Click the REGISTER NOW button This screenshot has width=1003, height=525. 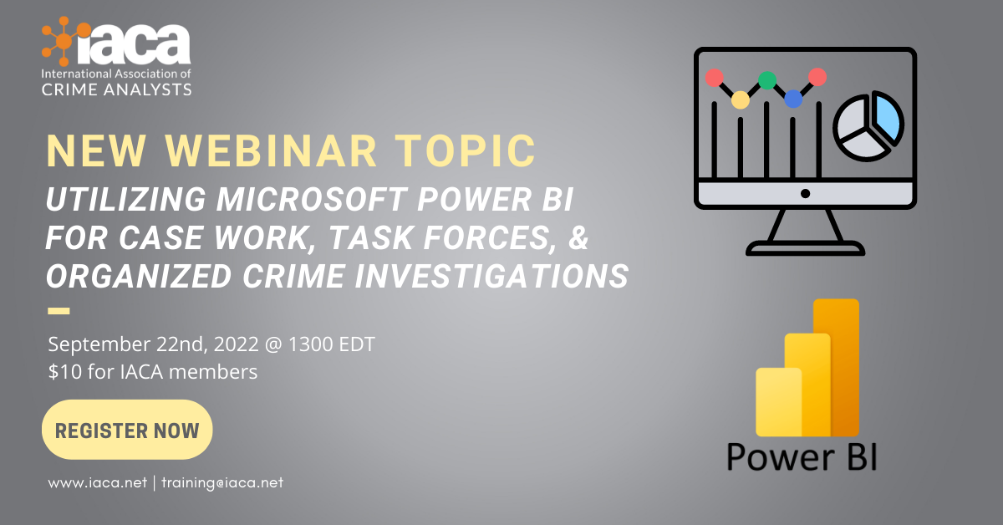coord(127,430)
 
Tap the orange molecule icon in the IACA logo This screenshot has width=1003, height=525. coord(65,41)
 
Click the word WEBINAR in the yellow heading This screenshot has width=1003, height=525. coord(271,151)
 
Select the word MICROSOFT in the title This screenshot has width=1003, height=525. coord(312,199)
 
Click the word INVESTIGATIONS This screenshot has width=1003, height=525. coord(491,276)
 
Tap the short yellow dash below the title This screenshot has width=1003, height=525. coord(59,311)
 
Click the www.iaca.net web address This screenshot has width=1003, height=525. coord(97,482)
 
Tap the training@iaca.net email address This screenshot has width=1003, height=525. coord(222,482)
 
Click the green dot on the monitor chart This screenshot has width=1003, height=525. coord(767,80)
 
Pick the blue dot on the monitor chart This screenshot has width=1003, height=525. coord(793,99)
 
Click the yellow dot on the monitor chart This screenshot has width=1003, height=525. coord(741,99)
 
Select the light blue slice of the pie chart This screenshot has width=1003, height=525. coord(888,117)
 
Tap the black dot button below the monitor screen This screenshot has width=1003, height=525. coord(805,193)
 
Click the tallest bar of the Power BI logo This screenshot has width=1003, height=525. coord(837,367)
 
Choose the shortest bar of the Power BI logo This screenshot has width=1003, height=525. coord(779,402)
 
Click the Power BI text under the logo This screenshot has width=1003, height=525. coord(802,457)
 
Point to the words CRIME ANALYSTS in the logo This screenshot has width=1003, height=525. coord(116,89)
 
